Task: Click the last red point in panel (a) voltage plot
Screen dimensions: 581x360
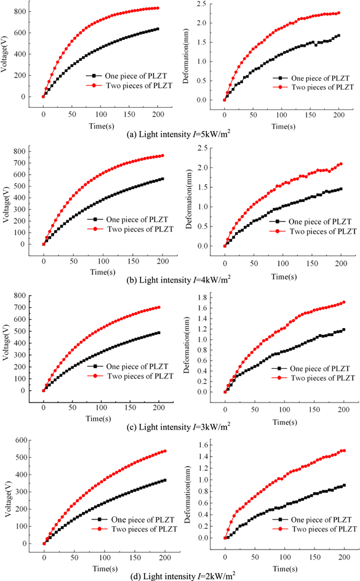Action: pos(158,8)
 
